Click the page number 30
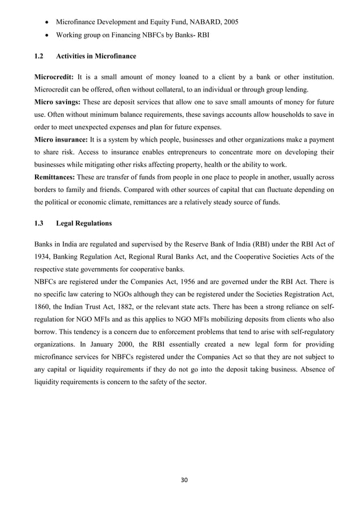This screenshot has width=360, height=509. pos(184,480)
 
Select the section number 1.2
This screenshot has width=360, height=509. pos(40,55)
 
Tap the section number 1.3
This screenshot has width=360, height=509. pos(40,223)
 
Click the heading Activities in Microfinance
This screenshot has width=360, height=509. pos(96,55)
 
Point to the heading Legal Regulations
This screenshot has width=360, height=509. pos(84,223)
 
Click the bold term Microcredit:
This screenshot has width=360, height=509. pos(54,76)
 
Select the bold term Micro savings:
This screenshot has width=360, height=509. pos(58,102)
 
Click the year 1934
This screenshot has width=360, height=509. pos(44,256)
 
